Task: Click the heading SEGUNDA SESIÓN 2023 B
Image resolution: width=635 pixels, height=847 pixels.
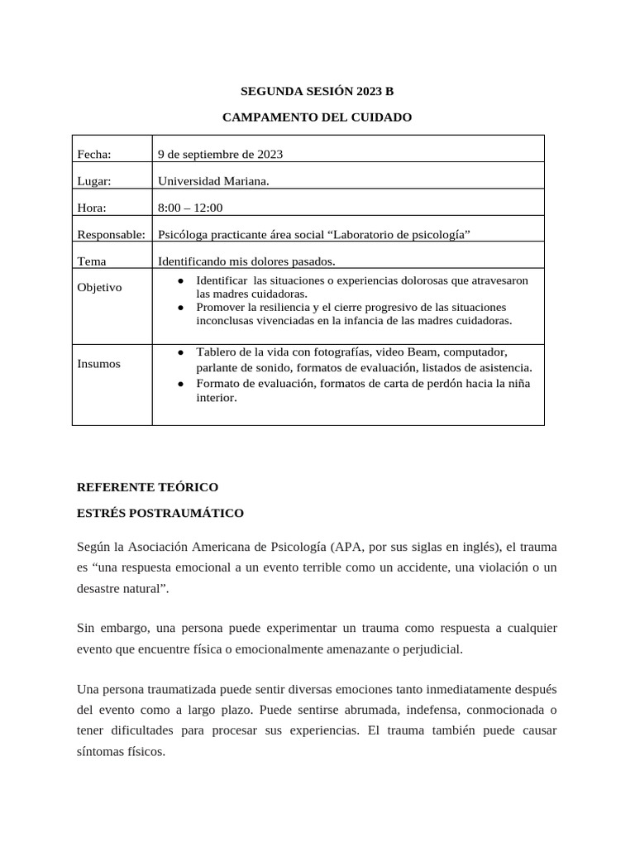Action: [x=317, y=91]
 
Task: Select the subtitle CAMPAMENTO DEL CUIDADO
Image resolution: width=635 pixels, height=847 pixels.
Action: [x=317, y=117]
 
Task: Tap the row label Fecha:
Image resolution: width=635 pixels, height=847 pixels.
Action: [x=93, y=154]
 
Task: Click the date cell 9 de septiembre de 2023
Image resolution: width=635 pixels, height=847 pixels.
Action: [x=220, y=154]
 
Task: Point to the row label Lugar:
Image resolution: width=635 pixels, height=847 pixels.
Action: [x=94, y=181]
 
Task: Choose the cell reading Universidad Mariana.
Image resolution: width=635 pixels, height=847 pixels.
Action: [x=213, y=181]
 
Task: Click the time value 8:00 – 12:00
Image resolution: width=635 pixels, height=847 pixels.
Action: [x=190, y=208]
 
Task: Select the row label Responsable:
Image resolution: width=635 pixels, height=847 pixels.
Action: [x=111, y=235]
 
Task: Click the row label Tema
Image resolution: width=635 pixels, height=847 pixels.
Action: [x=92, y=261]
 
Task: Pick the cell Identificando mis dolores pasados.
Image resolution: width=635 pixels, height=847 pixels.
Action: [x=246, y=261]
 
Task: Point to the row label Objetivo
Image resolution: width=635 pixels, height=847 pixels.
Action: [x=99, y=288]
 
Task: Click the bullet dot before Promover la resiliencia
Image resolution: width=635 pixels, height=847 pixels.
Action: [x=181, y=307]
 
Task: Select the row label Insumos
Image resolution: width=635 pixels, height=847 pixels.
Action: [x=98, y=364]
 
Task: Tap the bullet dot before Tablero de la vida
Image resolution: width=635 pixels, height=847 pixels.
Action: [x=181, y=352]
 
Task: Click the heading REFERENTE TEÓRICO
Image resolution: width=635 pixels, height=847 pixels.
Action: [x=147, y=486]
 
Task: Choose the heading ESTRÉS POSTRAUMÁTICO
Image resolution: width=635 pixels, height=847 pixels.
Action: [x=160, y=513]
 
